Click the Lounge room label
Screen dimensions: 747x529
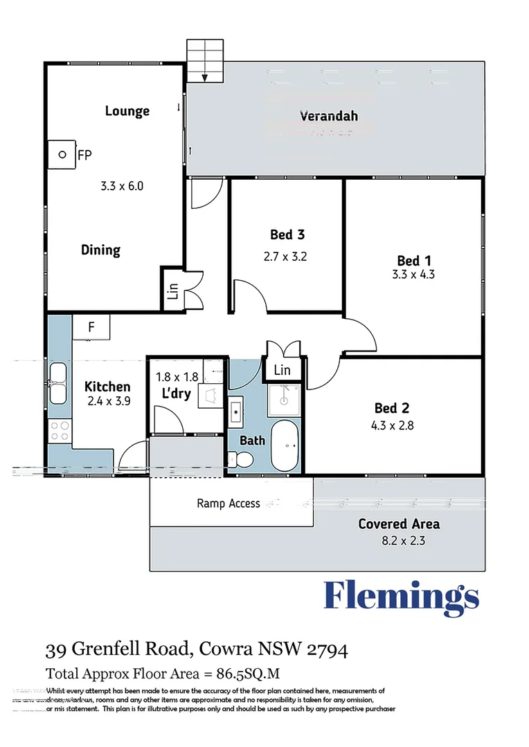click(x=127, y=111)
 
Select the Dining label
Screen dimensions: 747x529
click(x=100, y=250)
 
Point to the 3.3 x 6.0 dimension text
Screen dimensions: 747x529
click(x=122, y=185)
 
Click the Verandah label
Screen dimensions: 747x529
click(x=328, y=116)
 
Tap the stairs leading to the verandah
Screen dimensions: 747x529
click(x=206, y=61)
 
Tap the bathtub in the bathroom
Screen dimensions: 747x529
click(x=284, y=446)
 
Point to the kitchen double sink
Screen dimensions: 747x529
click(x=57, y=383)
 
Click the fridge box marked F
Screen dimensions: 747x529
click(x=91, y=327)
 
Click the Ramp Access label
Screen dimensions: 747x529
click(x=228, y=503)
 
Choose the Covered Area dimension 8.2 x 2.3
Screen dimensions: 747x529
click(x=398, y=540)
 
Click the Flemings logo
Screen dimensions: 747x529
click(x=402, y=596)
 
